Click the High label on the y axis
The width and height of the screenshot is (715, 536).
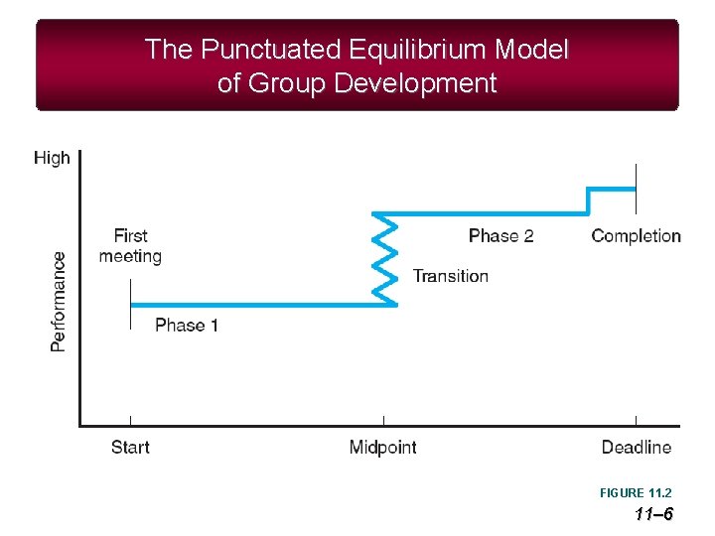(52, 157)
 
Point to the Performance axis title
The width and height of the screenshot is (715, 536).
(59, 301)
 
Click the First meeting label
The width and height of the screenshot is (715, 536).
(130, 246)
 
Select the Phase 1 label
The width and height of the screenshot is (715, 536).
(187, 325)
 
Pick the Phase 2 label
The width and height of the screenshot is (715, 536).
(500, 235)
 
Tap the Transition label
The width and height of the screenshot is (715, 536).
(451, 276)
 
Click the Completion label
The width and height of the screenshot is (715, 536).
(636, 235)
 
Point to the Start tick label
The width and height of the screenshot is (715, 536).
(130, 448)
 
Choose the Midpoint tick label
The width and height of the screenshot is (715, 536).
(383, 448)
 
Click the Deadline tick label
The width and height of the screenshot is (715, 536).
(637, 448)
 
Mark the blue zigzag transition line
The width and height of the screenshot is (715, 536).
(384, 258)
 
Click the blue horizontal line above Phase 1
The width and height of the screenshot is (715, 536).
(258, 305)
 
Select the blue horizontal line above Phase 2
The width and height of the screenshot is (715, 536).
(487, 212)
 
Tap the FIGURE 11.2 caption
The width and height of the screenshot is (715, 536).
(636, 493)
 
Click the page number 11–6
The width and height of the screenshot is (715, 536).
(653, 513)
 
